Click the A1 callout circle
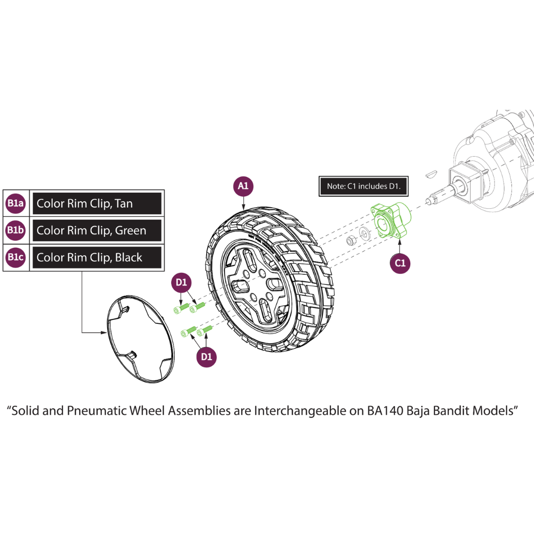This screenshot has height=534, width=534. [x=243, y=186]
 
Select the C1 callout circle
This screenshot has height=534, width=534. [x=400, y=263]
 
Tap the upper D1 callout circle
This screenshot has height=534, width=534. [x=181, y=282]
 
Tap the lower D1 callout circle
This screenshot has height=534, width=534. [x=206, y=357]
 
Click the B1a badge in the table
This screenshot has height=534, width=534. [x=16, y=203]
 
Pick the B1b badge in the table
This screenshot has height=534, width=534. [x=16, y=230]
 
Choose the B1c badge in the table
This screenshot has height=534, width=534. [x=16, y=257]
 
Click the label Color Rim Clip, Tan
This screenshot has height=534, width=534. [x=85, y=204]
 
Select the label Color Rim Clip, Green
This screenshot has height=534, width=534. [x=91, y=230]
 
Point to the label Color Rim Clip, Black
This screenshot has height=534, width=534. [x=89, y=258]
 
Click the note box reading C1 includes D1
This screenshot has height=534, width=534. [x=363, y=186]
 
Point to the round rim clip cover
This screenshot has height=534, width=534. [x=140, y=339]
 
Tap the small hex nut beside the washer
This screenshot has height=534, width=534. [x=351, y=241]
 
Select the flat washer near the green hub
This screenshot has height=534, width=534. [x=365, y=233]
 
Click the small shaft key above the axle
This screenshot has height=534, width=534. [x=431, y=174]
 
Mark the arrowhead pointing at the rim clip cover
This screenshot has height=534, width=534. [x=104, y=332]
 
